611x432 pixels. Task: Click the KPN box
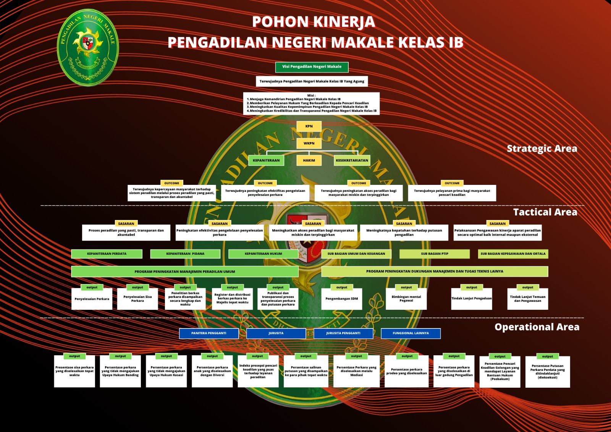click(309, 126)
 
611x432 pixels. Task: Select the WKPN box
click(309, 143)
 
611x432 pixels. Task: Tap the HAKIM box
click(309, 160)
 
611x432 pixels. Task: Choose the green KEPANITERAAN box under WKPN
click(266, 160)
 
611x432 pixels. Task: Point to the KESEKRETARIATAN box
click(352, 160)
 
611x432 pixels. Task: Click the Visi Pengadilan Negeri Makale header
click(312, 67)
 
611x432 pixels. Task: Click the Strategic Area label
click(541, 149)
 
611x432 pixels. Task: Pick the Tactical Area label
click(545, 212)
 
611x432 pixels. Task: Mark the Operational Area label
click(537, 327)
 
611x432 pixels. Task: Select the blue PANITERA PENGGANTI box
click(209, 333)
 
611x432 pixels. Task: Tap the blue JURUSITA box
click(276, 333)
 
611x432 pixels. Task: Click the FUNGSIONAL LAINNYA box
click(411, 333)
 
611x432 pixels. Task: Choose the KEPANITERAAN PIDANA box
click(185, 254)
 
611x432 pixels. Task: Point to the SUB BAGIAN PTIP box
click(435, 254)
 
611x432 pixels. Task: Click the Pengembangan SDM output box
click(341, 299)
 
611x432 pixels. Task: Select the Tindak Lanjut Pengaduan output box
click(472, 299)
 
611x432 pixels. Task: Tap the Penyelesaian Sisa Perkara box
click(137, 299)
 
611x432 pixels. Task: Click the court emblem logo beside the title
click(88, 47)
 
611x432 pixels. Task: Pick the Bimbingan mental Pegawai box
click(406, 299)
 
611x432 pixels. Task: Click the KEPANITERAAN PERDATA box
click(107, 254)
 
